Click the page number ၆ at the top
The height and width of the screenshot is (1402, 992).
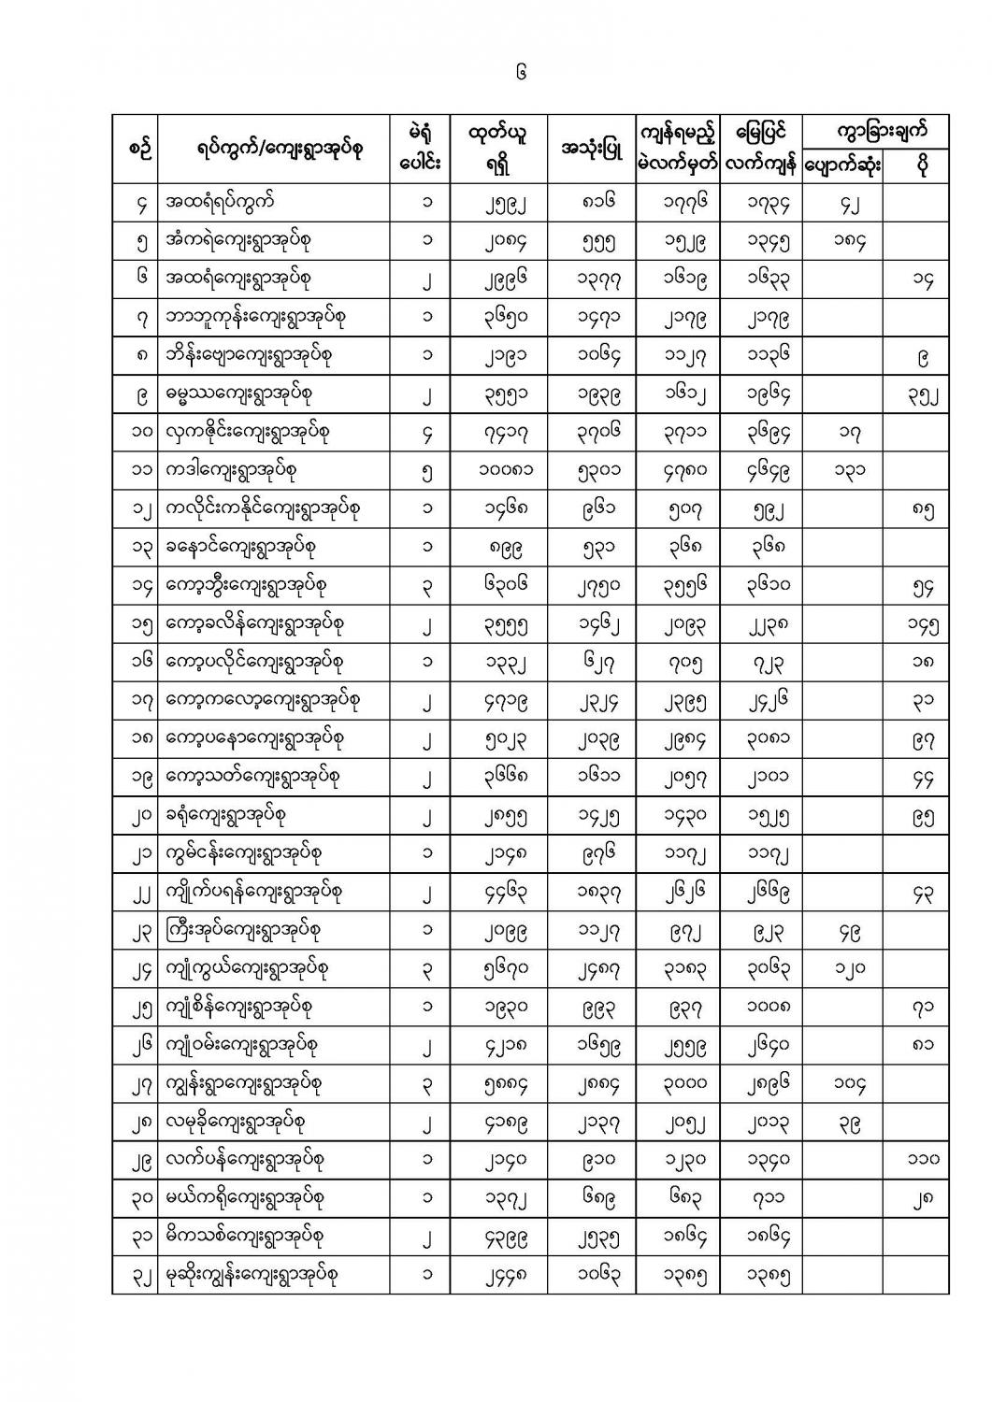pos(521,71)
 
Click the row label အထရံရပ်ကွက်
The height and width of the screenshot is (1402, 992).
pos(219,202)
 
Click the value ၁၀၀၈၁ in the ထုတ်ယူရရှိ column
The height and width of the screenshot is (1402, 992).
pos(499,471)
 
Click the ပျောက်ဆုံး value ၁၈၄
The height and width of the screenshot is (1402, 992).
pos(842,241)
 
